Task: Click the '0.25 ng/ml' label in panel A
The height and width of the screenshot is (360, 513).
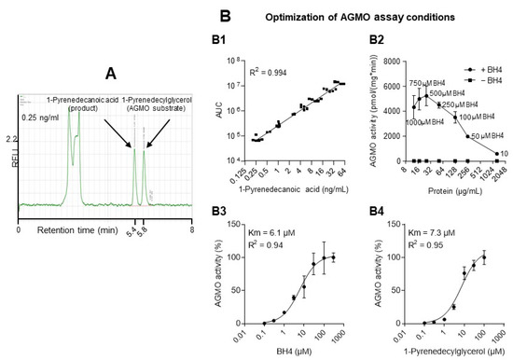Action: click(42, 117)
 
